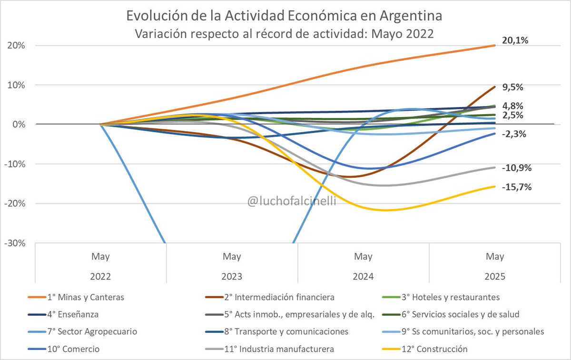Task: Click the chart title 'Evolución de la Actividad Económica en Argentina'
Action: tap(285, 16)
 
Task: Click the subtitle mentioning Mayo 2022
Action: tap(285, 34)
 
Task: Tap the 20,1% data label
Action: tap(515, 40)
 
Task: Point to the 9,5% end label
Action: tap(512, 87)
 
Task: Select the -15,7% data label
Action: tap(516, 187)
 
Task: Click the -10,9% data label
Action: tap(516, 167)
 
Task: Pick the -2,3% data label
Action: tap(513, 134)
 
